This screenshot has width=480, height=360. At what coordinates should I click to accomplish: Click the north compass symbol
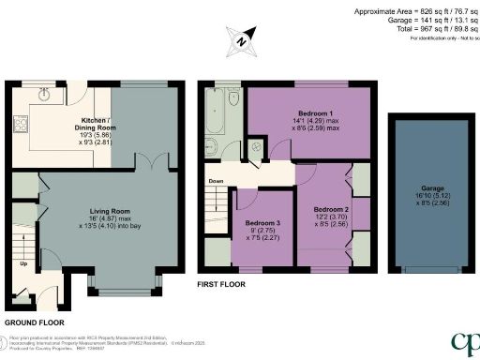click(242, 40)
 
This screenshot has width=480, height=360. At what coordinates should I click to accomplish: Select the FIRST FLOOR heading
click(221, 281)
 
